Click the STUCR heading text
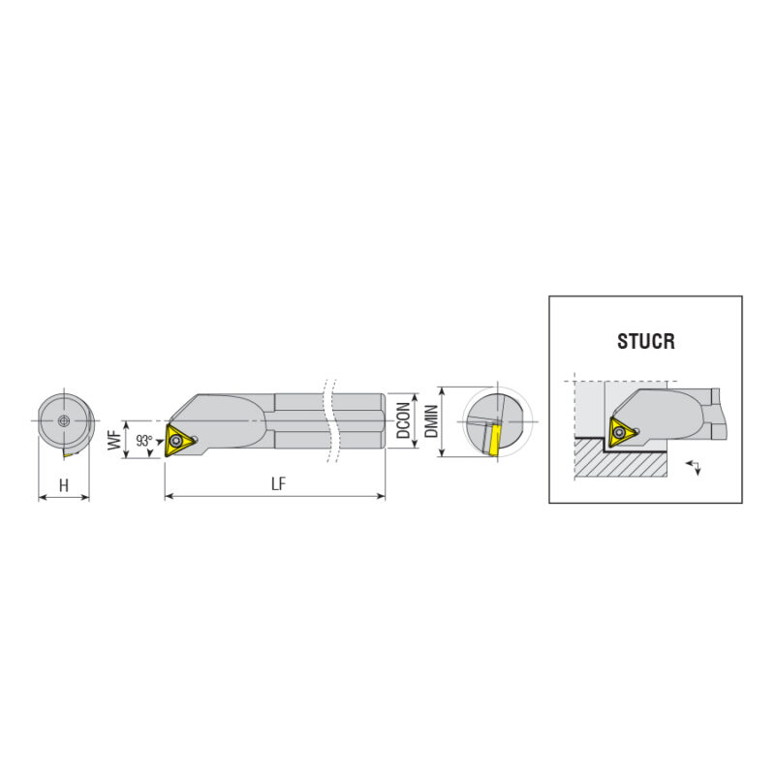645,341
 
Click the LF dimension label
279,483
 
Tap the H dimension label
64,486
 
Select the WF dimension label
114,440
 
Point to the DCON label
403,420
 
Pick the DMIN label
431,421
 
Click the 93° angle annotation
144,441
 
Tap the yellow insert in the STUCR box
622,432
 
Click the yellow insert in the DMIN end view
493,440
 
